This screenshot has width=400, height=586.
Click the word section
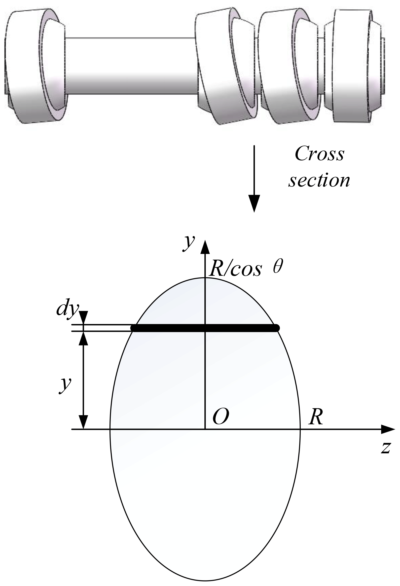coord(319,180)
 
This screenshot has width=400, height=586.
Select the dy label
coord(67,310)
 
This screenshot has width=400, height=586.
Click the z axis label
coord(386,448)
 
